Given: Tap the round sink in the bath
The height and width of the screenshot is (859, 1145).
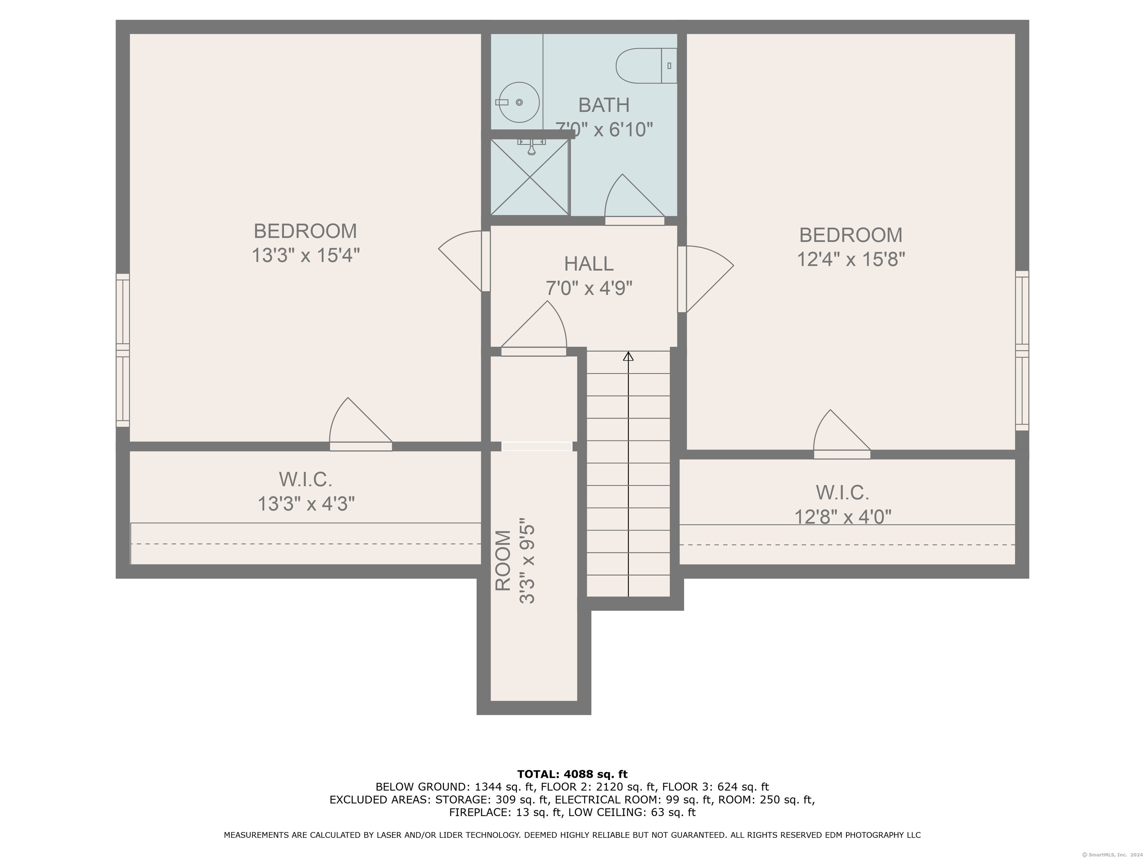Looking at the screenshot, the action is (x=518, y=103).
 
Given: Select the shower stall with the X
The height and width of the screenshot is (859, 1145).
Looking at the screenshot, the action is (x=530, y=177).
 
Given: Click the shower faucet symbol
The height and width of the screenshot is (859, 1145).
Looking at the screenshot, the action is (x=531, y=147).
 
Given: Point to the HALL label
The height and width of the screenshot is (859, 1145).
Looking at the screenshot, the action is (x=589, y=264).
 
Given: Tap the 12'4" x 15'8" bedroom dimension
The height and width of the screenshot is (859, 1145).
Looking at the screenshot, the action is (x=851, y=259).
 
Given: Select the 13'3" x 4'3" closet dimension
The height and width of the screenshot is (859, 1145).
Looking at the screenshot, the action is (x=306, y=503).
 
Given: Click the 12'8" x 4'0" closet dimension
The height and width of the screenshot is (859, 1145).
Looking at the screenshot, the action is (x=843, y=516).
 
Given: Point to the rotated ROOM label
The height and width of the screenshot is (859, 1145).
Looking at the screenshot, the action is (x=503, y=560).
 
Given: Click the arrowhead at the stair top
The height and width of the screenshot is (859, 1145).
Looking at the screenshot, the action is (x=628, y=356).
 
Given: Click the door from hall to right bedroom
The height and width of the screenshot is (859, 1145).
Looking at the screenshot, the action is (x=706, y=279).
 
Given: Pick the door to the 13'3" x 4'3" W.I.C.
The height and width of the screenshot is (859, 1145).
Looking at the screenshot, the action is (x=361, y=424).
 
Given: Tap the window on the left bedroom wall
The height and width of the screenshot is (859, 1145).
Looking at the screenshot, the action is (x=122, y=350).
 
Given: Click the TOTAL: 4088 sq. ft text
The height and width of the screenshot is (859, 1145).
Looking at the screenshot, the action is (x=572, y=774).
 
